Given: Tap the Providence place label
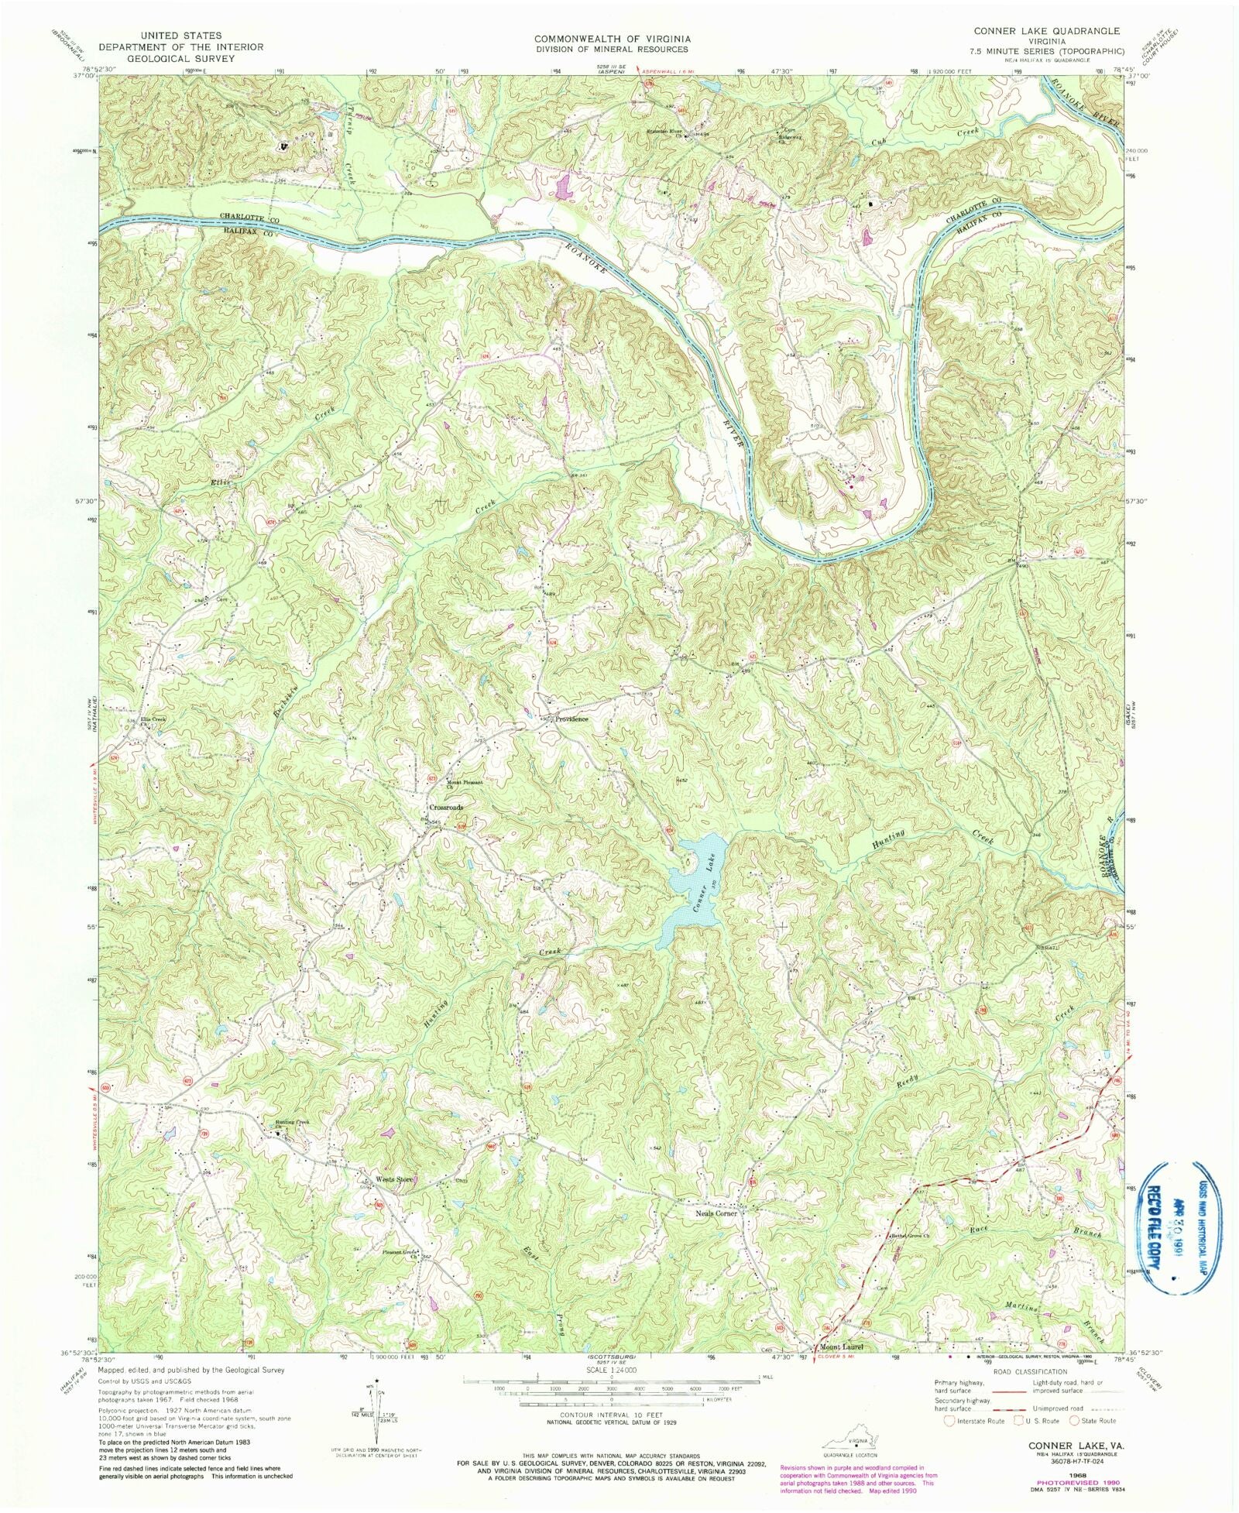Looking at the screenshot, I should pos(571,719).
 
